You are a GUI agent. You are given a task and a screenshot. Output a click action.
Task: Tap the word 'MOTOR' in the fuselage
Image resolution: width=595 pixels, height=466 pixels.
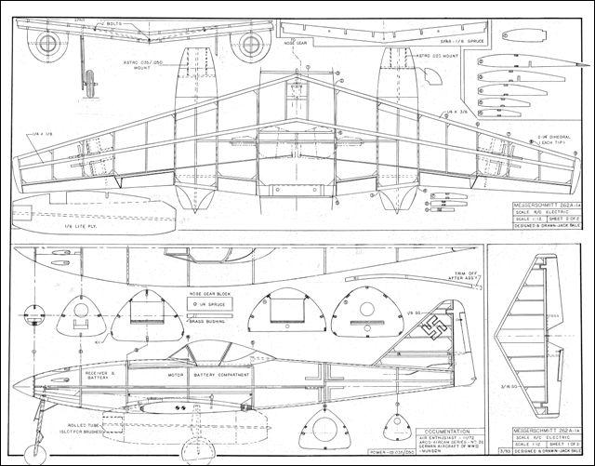[169, 375]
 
